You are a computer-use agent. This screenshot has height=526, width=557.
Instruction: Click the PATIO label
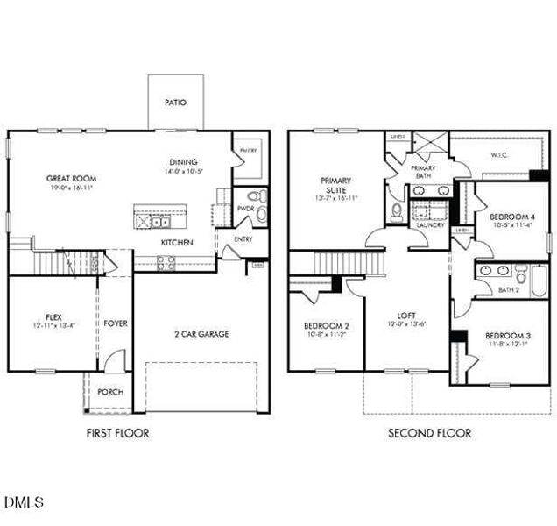pyautogui.click(x=175, y=103)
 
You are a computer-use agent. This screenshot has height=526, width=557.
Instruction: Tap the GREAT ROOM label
pyautogui.click(x=70, y=178)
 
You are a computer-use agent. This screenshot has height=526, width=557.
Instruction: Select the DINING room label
pyautogui.click(x=184, y=161)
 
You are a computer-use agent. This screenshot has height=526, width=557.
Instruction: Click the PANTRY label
pyautogui.click(x=249, y=151)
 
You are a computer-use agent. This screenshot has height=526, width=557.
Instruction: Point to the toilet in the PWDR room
pyautogui.click(x=253, y=196)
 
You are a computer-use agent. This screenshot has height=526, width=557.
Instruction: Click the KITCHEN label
pyautogui.click(x=176, y=243)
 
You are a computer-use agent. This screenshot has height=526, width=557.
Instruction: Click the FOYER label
pyautogui.click(x=116, y=323)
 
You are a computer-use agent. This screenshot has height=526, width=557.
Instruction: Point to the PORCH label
pyautogui.click(x=109, y=392)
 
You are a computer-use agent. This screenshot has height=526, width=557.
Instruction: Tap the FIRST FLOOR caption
pyautogui.click(x=117, y=433)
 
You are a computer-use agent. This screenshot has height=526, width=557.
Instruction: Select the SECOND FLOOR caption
pyautogui.click(x=429, y=433)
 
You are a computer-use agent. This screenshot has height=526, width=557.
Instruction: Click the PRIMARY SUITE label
pyautogui.click(x=336, y=184)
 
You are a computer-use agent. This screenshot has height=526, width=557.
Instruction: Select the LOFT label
pyautogui.click(x=405, y=316)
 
